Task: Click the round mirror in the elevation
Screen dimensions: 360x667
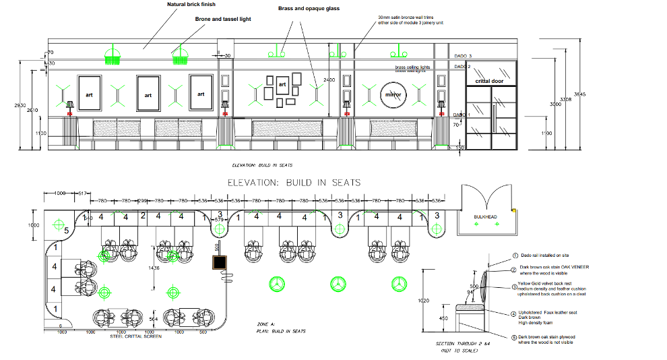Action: pyautogui.click(x=393, y=95)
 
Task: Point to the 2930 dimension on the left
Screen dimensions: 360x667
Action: pyautogui.click(x=21, y=105)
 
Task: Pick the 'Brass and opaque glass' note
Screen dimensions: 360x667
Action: pyautogui.click(x=309, y=9)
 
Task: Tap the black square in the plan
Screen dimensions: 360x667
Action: pyautogui.click(x=219, y=262)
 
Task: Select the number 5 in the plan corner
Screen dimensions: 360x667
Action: pyautogui.click(x=66, y=231)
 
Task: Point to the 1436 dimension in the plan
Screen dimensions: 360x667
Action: pyautogui.click(x=154, y=268)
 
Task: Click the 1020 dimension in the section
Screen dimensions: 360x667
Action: pyautogui.click(x=424, y=300)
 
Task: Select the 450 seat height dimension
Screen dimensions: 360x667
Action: pyautogui.click(x=443, y=318)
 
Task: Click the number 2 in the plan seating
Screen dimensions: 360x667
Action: pyautogui.click(x=142, y=216)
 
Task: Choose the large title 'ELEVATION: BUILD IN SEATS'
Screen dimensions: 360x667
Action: pyautogui.click(x=294, y=183)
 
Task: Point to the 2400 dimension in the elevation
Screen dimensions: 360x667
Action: pyautogui.click(x=329, y=80)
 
